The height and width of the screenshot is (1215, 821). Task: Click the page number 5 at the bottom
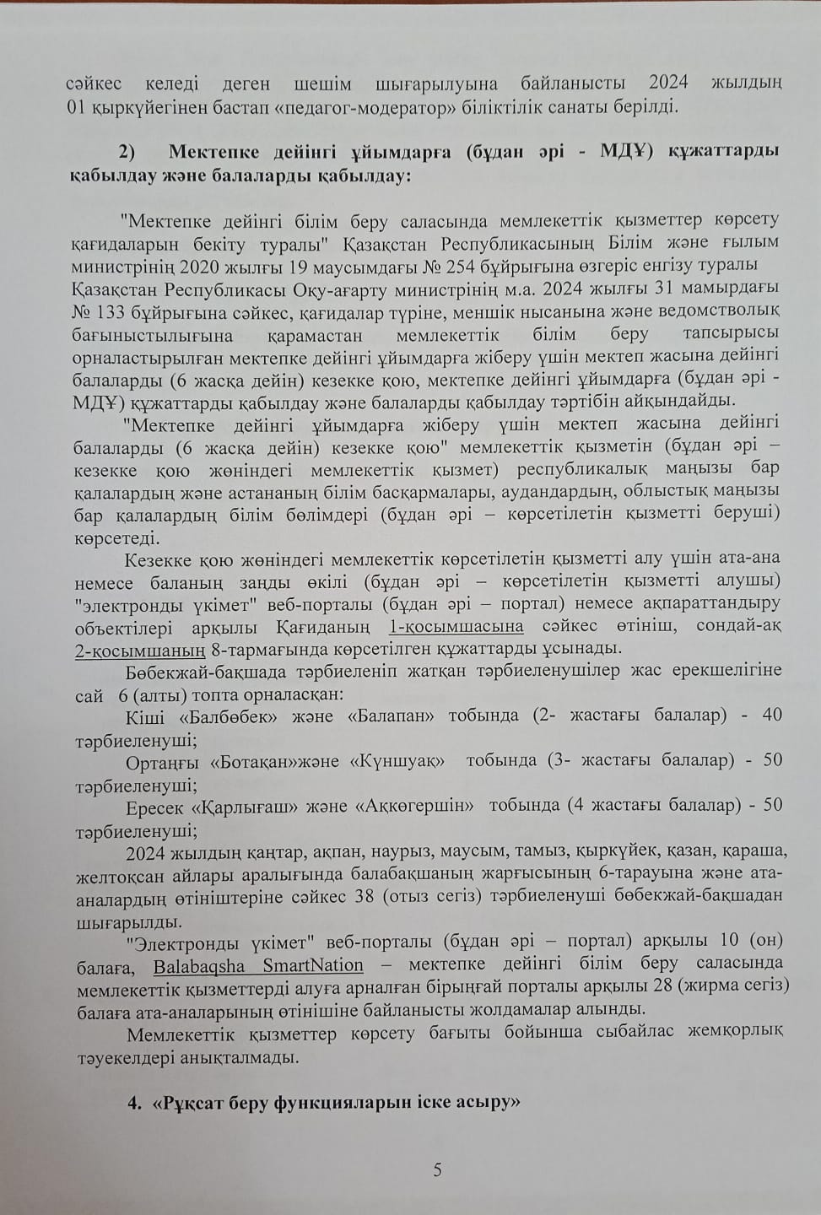437,1169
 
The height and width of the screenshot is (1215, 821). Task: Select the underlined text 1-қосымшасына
456,626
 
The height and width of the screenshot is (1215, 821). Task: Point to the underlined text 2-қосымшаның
140,649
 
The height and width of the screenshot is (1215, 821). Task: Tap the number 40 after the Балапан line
772,715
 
